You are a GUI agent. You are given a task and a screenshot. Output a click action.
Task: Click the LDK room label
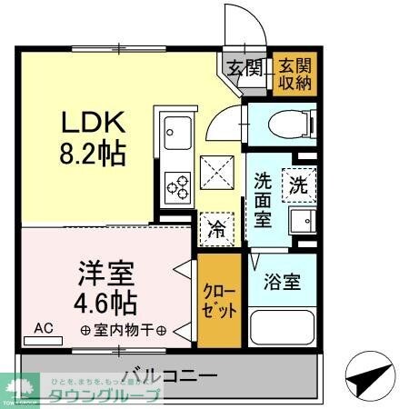point(89,122)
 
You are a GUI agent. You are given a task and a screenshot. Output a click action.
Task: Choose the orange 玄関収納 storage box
point(294,73)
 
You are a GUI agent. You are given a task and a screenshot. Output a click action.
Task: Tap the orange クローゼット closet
point(221,302)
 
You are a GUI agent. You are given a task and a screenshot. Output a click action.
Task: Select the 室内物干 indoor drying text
point(121,330)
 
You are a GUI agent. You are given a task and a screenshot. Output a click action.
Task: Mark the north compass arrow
point(368,375)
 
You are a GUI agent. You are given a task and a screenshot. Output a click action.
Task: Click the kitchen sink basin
point(175,137)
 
